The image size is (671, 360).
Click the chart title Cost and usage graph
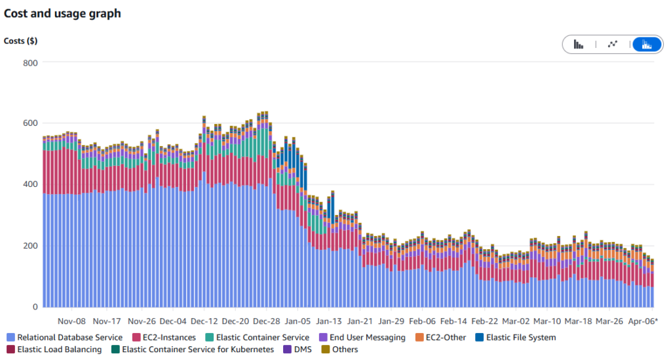[62, 13]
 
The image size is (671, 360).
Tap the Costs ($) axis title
[20, 41]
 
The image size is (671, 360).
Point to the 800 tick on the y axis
[31, 62]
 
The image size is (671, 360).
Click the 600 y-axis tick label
[31, 123]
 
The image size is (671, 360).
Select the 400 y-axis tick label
[31, 184]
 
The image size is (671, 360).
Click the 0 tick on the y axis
[35, 307]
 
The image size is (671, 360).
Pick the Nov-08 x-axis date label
[71, 321]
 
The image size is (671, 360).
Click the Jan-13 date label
[328, 321]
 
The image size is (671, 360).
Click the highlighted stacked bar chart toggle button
[646, 45]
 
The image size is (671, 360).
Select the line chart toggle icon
[613, 45]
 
